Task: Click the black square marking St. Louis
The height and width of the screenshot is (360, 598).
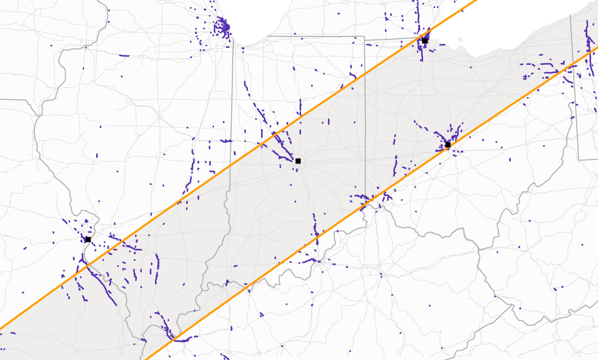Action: click(x=88, y=239)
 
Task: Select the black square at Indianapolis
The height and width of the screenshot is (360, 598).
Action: click(x=298, y=161)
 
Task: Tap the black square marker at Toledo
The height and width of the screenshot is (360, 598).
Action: click(x=425, y=41)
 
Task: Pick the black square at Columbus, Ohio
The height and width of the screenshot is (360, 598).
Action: click(x=448, y=145)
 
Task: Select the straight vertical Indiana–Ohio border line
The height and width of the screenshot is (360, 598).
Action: click(x=365, y=125)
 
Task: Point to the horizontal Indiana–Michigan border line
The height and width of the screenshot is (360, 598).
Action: click(x=314, y=36)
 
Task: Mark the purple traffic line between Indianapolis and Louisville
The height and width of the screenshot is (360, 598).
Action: click(x=315, y=227)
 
